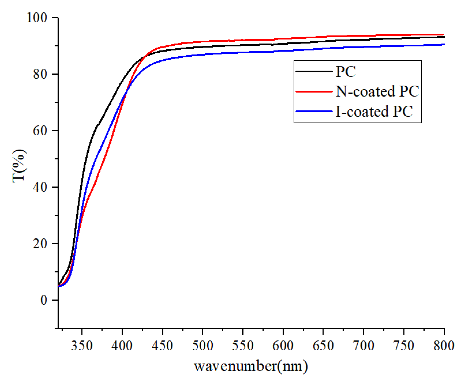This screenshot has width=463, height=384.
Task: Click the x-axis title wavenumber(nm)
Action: (251, 366)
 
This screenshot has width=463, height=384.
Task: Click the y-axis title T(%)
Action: (19, 165)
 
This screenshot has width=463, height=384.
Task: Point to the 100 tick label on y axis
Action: (37, 18)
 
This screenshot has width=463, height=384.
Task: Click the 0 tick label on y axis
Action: (44, 300)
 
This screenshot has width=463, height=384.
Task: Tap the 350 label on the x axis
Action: (82, 345)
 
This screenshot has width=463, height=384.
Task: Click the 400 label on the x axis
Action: (122, 345)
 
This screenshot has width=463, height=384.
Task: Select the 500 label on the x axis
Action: (202, 345)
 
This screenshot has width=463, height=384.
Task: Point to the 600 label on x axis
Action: (283, 345)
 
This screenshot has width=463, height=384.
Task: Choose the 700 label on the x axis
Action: (363, 345)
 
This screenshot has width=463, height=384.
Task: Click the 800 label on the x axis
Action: (444, 345)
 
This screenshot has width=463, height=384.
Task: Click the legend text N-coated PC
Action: (377, 91)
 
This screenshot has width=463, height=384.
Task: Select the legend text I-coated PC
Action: (374, 111)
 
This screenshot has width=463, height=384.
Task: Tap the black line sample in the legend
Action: (314, 71)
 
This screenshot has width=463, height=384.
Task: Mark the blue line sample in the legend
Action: (314, 111)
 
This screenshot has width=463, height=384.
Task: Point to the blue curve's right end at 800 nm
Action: (443, 44)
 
